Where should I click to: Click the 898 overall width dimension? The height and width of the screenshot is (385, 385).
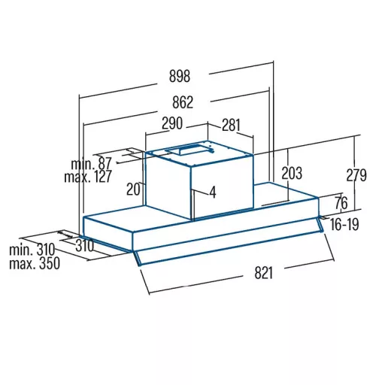point(180,76)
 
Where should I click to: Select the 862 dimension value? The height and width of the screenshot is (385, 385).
point(183,102)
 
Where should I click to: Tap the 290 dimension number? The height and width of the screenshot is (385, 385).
point(172,123)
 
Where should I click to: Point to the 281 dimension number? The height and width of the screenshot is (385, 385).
point(231,125)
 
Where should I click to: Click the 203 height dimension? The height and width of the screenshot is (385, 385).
point(292,173)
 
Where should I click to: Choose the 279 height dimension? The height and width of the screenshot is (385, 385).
point(356,175)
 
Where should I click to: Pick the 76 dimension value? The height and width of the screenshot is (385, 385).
point(341,203)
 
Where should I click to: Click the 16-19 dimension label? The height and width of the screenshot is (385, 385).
point(344,224)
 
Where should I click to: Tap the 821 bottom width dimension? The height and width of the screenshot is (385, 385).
point(263,273)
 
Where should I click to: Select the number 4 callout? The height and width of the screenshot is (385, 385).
point(213,192)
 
